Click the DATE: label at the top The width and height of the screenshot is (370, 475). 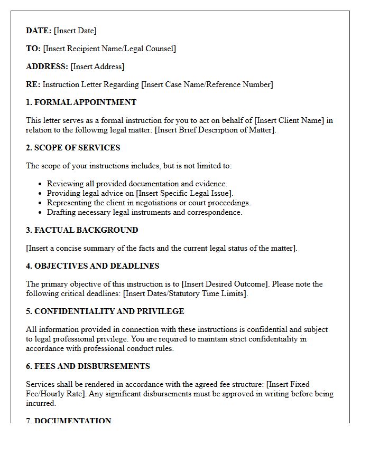click(39, 31)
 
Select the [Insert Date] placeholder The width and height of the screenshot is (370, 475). click(75, 31)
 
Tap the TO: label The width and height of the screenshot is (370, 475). click(33, 49)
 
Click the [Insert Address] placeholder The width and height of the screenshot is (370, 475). click(97, 66)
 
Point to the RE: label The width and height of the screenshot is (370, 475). click(33, 84)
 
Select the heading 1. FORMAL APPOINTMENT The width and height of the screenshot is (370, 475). click(81, 102)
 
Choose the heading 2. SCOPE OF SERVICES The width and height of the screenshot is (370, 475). click(73, 148)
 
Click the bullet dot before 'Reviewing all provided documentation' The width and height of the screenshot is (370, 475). click(40, 184)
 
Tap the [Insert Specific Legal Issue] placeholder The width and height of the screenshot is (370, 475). click(184, 193)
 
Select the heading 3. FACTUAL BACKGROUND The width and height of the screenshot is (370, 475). click(82, 230)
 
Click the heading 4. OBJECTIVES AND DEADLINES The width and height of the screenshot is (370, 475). click(92, 266)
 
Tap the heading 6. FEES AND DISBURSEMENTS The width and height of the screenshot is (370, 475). click(88, 366)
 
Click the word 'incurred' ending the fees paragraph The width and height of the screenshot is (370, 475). click(40, 403)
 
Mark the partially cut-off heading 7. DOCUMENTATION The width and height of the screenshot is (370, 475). click(69, 421)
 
